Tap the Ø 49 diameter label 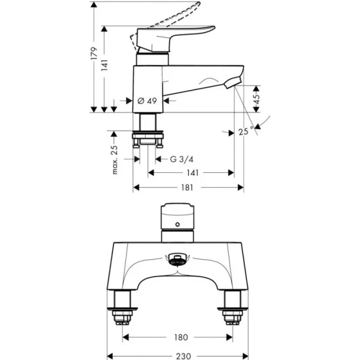tap(148, 101)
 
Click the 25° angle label tap(247, 132)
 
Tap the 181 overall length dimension tap(187, 188)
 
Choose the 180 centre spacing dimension tap(181, 337)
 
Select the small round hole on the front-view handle tap(177, 225)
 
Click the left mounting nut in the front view tap(122, 314)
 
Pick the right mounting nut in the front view tap(232, 314)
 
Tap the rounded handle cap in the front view tap(177, 212)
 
